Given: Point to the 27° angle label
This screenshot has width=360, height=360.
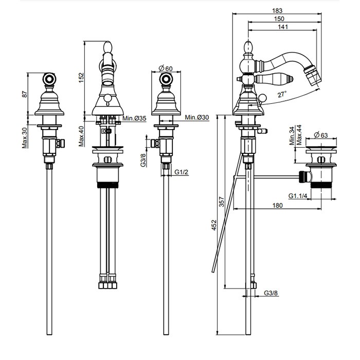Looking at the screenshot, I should tap(282, 95).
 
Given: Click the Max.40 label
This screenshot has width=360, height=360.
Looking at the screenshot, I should tap(81, 135).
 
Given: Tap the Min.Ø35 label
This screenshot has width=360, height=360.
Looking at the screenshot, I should tap(134, 119).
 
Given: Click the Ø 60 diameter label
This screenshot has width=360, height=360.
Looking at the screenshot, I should tap(165, 68).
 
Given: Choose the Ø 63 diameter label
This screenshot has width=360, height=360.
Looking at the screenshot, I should tap(320, 136).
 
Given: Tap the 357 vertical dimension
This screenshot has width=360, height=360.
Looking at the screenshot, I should tap(221, 201).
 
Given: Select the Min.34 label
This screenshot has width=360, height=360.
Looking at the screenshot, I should tap(291, 136).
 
